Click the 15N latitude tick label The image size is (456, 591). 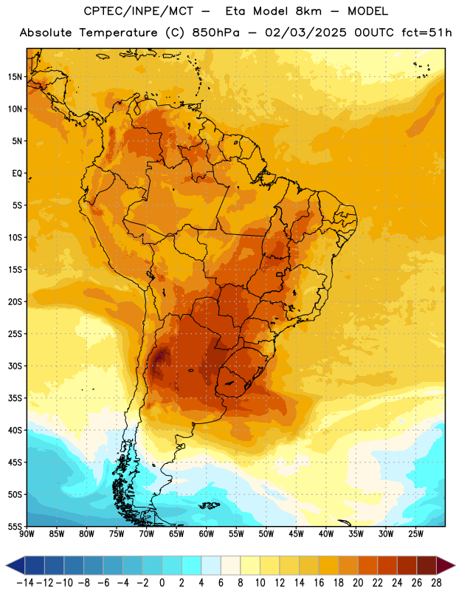[15, 77]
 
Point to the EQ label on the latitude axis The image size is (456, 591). [17, 174]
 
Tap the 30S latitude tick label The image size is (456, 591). [15, 366]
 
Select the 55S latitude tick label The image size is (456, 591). [15, 526]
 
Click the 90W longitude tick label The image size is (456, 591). [27, 534]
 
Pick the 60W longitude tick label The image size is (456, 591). [207, 534]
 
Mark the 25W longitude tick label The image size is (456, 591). [415, 534]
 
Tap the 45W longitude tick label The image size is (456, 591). [296, 534]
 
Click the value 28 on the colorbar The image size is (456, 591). [436, 583]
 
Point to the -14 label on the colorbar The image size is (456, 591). [25, 583]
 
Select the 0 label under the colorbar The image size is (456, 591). [162, 583]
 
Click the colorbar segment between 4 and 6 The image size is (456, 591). [211, 565]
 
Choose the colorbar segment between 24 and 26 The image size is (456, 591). [407, 565]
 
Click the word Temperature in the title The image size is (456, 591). [118, 33]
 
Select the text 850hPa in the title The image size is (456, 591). [215, 33]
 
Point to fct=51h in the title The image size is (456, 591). [426, 33]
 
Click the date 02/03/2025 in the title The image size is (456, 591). [305, 33]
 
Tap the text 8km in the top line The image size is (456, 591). [308, 11]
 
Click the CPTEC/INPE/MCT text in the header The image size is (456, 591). [139, 11]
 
